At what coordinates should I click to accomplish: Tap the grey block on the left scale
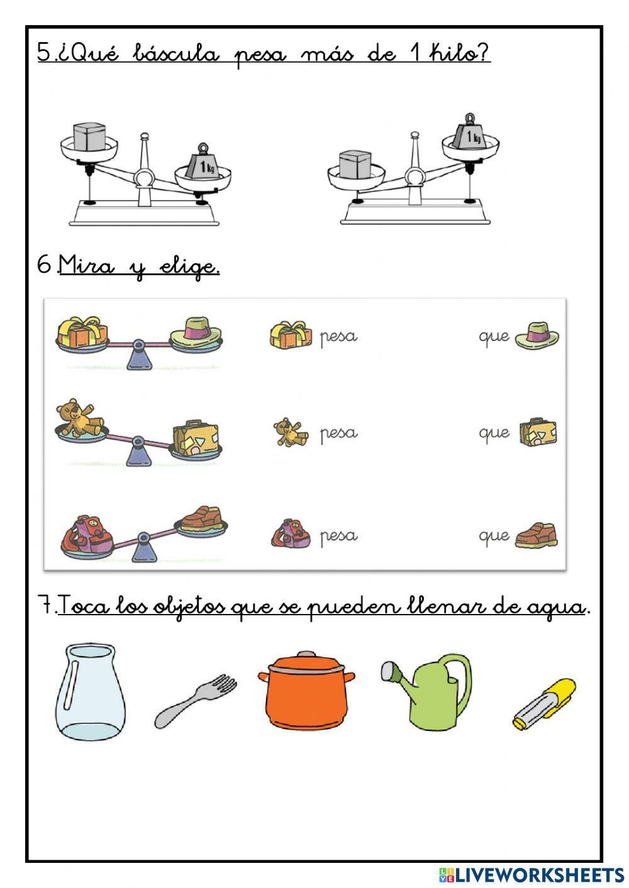point(88,137)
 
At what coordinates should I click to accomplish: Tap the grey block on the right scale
point(355,165)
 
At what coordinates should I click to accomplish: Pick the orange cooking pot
point(306,690)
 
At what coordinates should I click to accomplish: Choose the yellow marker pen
point(544,704)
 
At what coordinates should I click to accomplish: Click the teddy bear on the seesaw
point(79,419)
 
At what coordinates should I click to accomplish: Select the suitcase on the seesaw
point(197,439)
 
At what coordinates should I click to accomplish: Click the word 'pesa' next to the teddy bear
point(338,434)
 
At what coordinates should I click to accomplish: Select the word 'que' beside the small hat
point(494,337)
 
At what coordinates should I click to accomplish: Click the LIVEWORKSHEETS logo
point(532,874)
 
